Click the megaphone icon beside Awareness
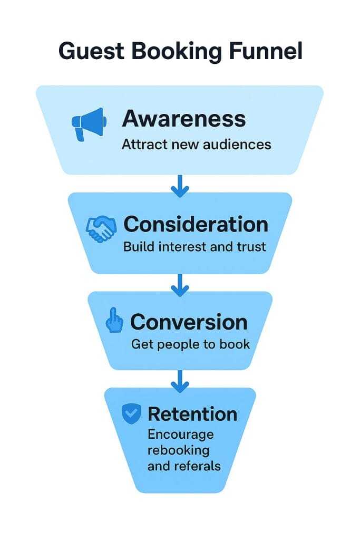pyautogui.click(x=89, y=123)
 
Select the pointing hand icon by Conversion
pyautogui.click(x=114, y=321)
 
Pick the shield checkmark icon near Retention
pyautogui.click(x=131, y=414)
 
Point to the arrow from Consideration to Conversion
pyautogui.click(x=180, y=285)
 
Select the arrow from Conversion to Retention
pyautogui.click(x=180, y=381)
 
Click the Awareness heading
pyautogui.click(x=184, y=119)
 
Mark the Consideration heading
pyautogui.click(x=196, y=224)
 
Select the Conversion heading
pyautogui.click(x=188, y=321)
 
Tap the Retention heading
pyautogui.click(x=192, y=414)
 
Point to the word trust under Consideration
pyautogui.click(x=252, y=246)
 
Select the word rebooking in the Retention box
pyautogui.click(x=178, y=450)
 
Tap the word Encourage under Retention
pyautogui.click(x=180, y=435)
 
